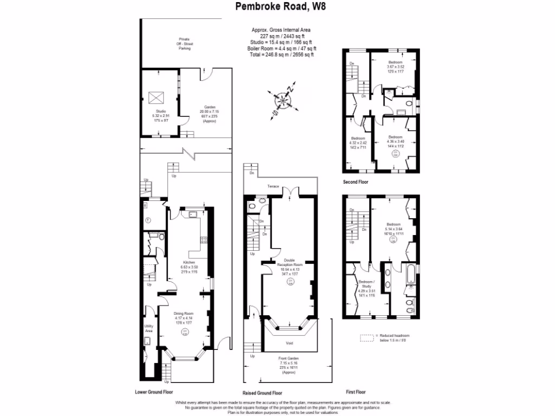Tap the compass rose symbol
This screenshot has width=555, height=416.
pos(283,101)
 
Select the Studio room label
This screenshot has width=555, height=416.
pos(161,111)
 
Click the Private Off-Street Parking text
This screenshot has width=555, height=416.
pos(185,43)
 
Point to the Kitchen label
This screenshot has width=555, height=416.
pos(189,262)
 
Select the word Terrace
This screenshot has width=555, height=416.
pos(273,186)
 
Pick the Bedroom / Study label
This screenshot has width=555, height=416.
pos(367,282)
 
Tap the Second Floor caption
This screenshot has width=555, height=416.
pos(356,183)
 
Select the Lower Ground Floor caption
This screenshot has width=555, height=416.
pos(157,391)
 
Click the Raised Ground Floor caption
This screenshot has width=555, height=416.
pos(262,393)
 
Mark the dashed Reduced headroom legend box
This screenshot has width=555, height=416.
pos(367,337)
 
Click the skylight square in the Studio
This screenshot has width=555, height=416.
pos(157,98)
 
